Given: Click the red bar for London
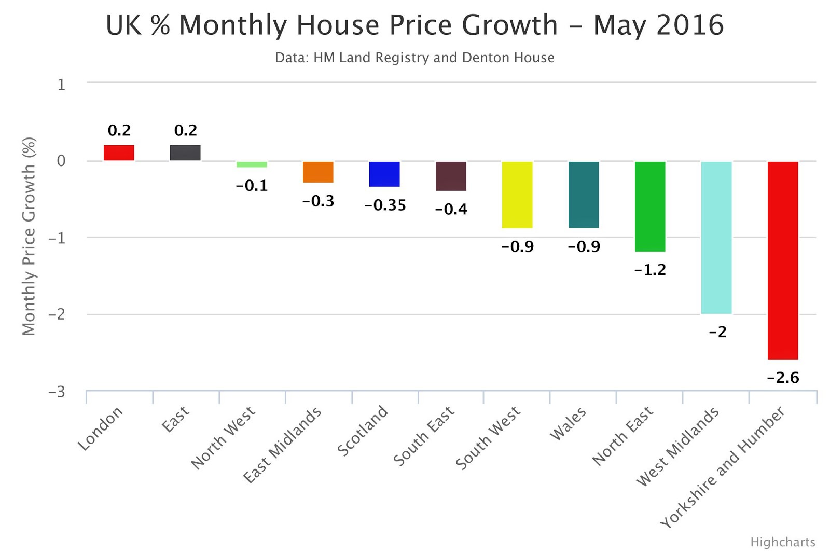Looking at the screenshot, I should point(119,153).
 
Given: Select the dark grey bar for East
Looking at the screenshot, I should point(185,153).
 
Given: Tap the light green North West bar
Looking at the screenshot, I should point(252,164).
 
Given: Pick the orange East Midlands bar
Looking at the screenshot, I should point(318,172).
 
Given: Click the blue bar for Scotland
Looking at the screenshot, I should point(384,174).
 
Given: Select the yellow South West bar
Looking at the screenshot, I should point(517,195).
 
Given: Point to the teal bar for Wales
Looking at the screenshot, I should point(584,195).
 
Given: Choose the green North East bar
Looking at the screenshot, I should point(650,206).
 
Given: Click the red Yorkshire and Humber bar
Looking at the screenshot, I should point(783,260).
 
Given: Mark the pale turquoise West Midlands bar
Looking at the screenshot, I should point(716,237).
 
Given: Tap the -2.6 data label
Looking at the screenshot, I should point(783,378).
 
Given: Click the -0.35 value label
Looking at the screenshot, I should point(385,205).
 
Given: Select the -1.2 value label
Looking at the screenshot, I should point(650,270).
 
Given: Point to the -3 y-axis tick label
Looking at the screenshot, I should point(57,392).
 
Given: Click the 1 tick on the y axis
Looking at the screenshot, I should point(61,84).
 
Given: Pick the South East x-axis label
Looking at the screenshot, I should point(424,436).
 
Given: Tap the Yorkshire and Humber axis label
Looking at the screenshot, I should point(722,467).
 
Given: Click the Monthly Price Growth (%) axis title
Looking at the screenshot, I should point(29,236).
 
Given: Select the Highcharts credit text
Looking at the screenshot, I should point(782,542).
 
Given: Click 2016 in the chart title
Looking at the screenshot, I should point(690,25).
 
